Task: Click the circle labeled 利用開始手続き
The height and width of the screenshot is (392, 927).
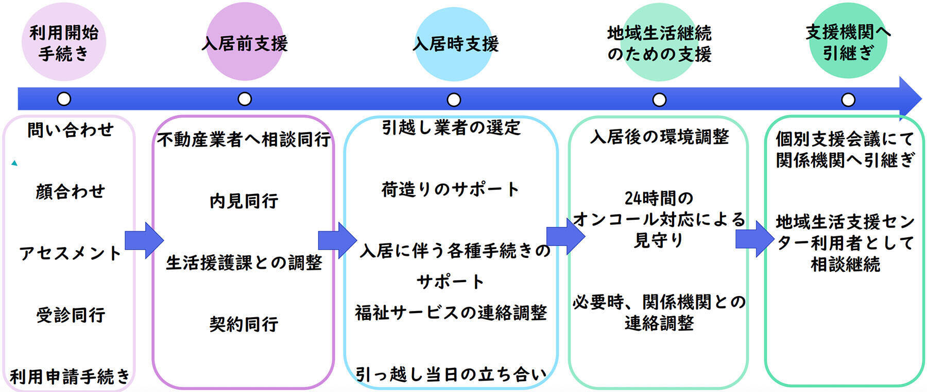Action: tap(63, 43)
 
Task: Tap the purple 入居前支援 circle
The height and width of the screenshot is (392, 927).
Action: tap(245, 43)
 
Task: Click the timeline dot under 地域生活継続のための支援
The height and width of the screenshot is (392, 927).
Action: tap(659, 100)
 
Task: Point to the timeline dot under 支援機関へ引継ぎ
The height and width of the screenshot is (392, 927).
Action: tap(848, 100)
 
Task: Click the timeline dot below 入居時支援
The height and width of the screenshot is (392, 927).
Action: tap(454, 100)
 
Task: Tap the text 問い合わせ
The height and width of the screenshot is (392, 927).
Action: tap(70, 130)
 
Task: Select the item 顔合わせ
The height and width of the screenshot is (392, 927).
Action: tap(70, 192)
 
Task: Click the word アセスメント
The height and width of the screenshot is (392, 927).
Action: tap(70, 253)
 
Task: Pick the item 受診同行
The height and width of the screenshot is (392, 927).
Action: tap(70, 315)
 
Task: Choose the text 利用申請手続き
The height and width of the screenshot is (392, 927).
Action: tap(70, 377)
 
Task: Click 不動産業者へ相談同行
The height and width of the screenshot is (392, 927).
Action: tap(244, 139)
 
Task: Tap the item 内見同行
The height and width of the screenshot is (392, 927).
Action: tap(244, 201)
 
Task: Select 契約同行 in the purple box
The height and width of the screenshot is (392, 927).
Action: tap(244, 324)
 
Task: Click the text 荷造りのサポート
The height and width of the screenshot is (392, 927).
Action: tap(451, 189)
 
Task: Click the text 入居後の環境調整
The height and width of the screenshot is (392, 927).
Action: tap(659, 137)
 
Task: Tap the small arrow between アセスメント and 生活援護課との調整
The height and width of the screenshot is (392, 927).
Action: tap(144, 240)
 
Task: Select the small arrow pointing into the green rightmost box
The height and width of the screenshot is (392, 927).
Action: tap(754, 239)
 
